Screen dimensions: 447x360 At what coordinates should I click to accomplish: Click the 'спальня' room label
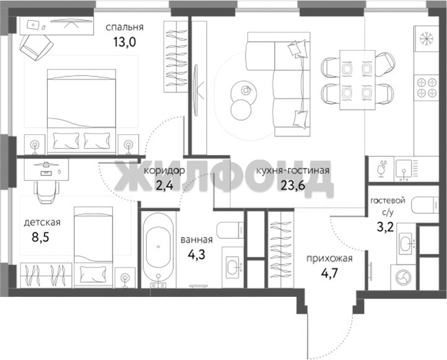click(x=124, y=27)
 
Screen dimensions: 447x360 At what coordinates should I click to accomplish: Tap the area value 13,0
click(x=124, y=42)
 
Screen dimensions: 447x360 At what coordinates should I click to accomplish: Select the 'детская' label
click(x=42, y=222)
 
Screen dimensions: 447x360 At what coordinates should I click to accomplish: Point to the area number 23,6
click(x=293, y=186)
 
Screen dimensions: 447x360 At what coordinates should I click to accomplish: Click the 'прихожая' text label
click(x=329, y=259)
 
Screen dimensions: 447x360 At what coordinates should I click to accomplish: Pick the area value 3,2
click(x=385, y=227)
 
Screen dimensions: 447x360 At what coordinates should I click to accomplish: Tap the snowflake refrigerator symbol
click(x=427, y=39)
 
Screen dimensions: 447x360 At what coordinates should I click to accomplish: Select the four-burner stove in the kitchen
click(x=427, y=87)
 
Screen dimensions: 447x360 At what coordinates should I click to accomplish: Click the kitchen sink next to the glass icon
click(x=404, y=169)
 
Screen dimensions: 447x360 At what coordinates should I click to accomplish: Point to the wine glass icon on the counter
click(x=381, y=169)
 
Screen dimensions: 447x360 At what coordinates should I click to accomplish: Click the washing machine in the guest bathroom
click(x=403, y=277)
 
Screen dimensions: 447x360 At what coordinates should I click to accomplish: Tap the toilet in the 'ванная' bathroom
click(x=230, y=230)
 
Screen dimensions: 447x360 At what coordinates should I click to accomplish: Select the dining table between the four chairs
click(x=357, y=80)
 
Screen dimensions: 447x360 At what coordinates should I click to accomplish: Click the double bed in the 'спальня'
click(x=82, y=111)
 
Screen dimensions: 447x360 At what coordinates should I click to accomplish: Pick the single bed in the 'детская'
click(x=93, y=247)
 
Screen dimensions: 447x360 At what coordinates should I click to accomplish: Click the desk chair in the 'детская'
click(x=46, y=192)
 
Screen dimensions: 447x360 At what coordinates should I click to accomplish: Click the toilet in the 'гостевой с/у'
click(x=425, y=205)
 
